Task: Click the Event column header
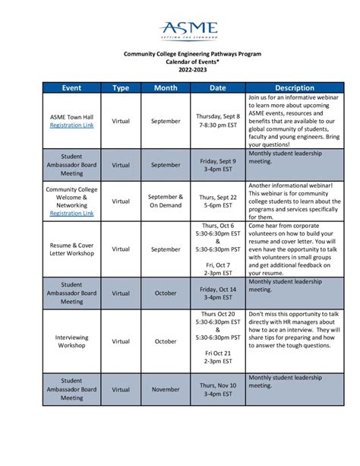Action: tap(71, 87)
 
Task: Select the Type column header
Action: tap(121, 87)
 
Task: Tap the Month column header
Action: tap(166, 87)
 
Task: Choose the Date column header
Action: tap(218, 87)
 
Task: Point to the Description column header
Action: tap(295, 87)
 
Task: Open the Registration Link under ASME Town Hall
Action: tap(71, 125)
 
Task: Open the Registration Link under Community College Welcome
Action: tap(71, 214)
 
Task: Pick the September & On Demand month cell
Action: tap(166, 201)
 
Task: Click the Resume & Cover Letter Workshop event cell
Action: tap(71, 249)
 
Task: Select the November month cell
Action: tap(166, 389)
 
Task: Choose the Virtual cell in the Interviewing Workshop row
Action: tap(121, 341)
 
